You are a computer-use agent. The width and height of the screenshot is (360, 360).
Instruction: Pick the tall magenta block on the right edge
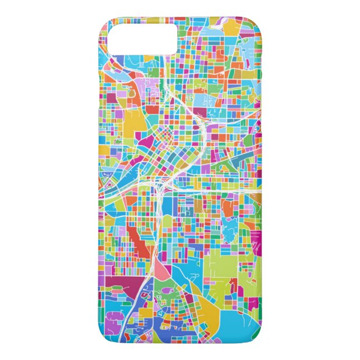[x=255, y=238]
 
